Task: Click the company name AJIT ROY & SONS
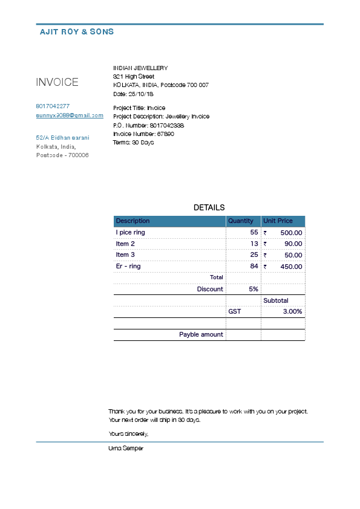[x=76, y=31]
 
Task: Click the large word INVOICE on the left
[x=57, y=82]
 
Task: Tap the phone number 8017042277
[x=53, y=106]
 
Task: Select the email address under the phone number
[x=70, y=115]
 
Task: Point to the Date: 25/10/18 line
[x=133, y=94]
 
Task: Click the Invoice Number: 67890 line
[x=143, y=134]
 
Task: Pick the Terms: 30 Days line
[x=133, y=143]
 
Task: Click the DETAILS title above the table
[x=209, y=207]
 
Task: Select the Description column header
[x=133, y=221]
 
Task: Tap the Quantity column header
[x=241, y=221]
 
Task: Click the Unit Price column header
[x=278, y=221]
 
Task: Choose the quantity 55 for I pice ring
[x=254, y=233]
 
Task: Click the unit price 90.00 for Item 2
[x=293, y=244]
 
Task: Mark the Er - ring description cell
[x=128, y=267]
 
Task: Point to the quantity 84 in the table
[x=254, y=267]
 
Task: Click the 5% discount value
[x=254, y=290]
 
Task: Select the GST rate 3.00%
[x=292, y=312]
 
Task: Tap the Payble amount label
[x=201, y=334]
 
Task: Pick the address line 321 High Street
[x=134, y=77]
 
